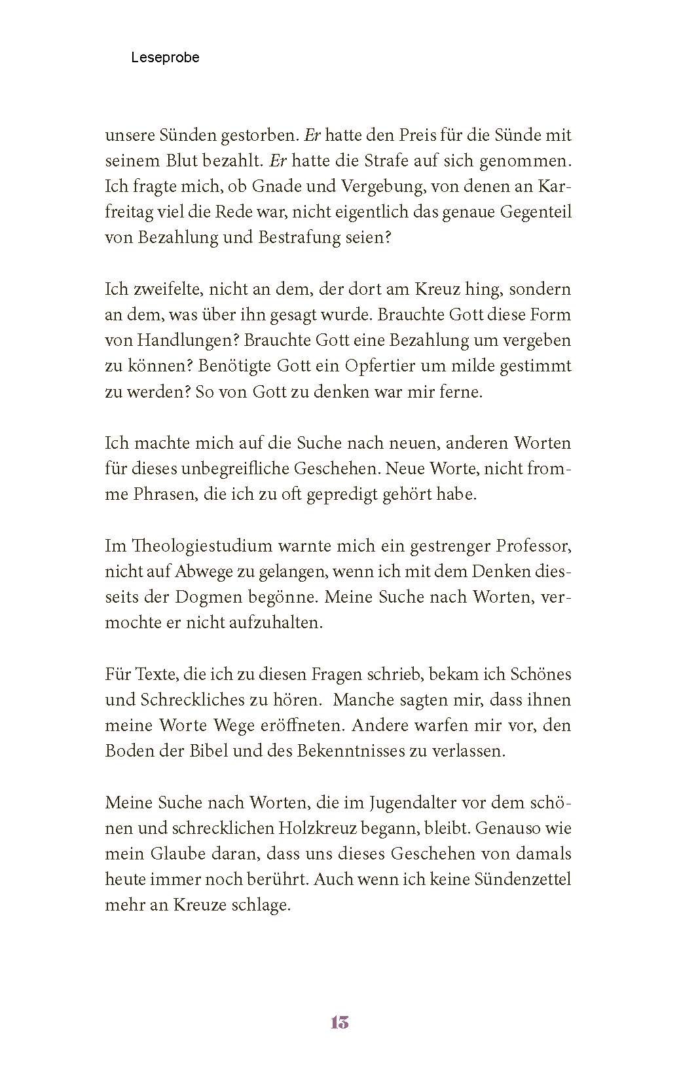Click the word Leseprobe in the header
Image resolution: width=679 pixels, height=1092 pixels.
[x=165, y=58]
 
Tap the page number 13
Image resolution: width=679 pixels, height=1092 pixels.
[x=340, y=1022]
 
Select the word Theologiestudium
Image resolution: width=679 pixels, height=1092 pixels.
[x=185, y=545]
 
